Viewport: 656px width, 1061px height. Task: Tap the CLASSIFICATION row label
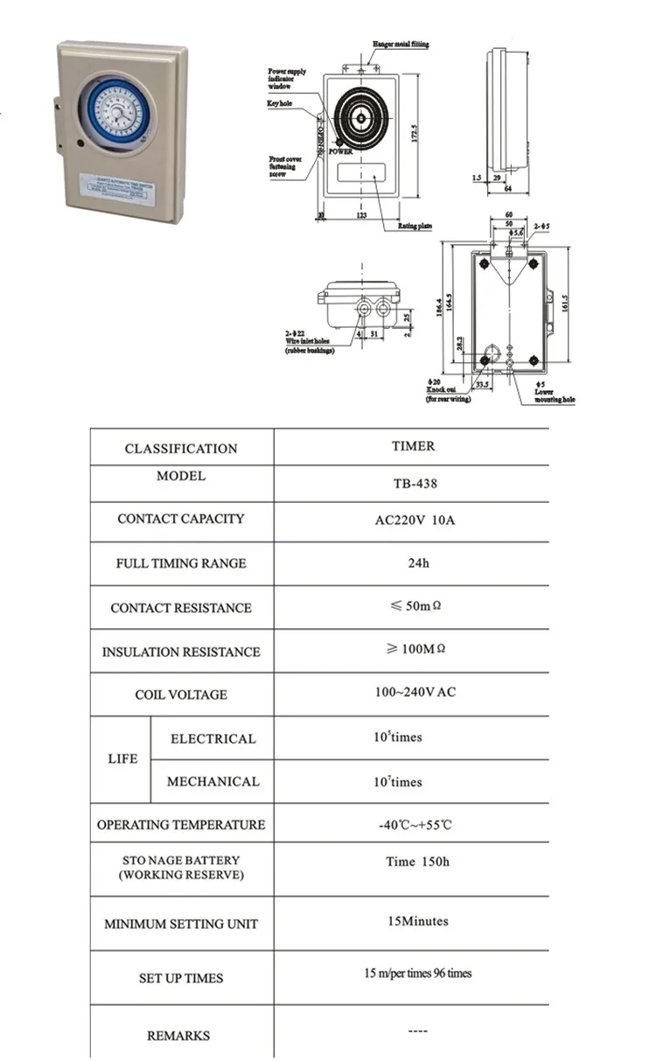click(181, 449)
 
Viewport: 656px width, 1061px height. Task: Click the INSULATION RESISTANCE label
click(181, 652)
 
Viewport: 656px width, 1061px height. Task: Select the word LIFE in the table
click(122, 758)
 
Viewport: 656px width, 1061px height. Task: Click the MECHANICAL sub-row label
click(213, 781)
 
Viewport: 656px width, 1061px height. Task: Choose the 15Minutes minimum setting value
click(417, 921)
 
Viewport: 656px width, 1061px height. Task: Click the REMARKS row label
click(178, 1036)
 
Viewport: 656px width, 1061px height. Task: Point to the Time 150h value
click(417, 862)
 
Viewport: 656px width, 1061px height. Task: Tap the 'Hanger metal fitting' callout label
click(400, 44)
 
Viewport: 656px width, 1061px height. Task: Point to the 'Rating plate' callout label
click(415, 227)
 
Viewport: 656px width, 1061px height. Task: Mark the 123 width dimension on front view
click(361, 213)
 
